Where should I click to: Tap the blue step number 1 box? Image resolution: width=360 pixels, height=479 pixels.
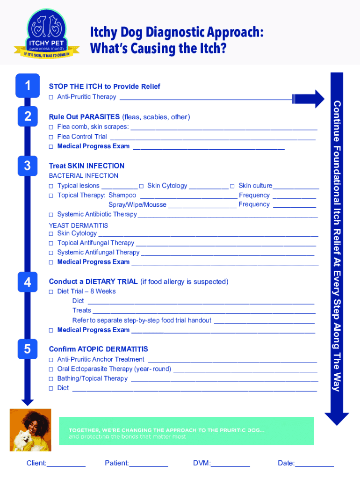click(28, 86)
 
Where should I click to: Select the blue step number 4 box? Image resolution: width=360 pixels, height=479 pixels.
click(28, 282)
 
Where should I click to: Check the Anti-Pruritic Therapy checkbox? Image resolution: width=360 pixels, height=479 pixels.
click(51, 97)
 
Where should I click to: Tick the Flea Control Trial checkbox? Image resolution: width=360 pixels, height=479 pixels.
click(51, 137)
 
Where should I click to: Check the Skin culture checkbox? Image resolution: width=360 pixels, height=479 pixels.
click(232, 186)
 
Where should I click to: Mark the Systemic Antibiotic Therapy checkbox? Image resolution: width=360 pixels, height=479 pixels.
click(51, 215)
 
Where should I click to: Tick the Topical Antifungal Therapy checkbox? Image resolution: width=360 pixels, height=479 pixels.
click(51, 243)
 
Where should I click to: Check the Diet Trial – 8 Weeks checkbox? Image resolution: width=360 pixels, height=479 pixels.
click(51, 291)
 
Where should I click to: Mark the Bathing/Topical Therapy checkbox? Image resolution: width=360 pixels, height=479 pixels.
click(51, 378)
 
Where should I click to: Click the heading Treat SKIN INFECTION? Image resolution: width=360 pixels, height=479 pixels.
click(86, 166)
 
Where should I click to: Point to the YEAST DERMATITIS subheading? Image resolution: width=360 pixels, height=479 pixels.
click(78, 225)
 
